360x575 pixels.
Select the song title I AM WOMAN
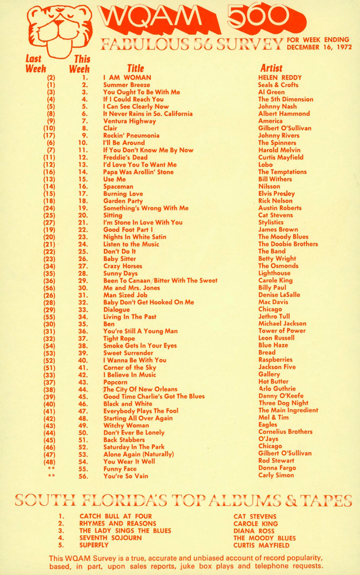[127, 78]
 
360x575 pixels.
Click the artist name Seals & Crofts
[278, 85]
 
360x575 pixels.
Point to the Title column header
[135, 68]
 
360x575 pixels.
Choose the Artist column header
[271, 68]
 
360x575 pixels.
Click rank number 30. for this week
[83, 288]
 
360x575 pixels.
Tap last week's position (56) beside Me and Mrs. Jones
[50, 288]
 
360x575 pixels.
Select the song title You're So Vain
[126, 476]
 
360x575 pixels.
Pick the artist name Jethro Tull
[274, 317]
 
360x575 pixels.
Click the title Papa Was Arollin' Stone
[138, 172]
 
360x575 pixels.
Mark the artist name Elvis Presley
[276, 194]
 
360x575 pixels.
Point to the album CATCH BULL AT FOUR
[116, 517]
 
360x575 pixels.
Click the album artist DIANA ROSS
[254, 531]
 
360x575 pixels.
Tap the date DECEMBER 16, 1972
[319, 47]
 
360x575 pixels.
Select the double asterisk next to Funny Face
[51, 469]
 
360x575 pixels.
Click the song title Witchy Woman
[126, 425]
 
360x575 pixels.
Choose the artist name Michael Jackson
[282, 324]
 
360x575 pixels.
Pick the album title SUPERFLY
[94, 545]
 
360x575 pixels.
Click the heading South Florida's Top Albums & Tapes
[183, 500]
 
